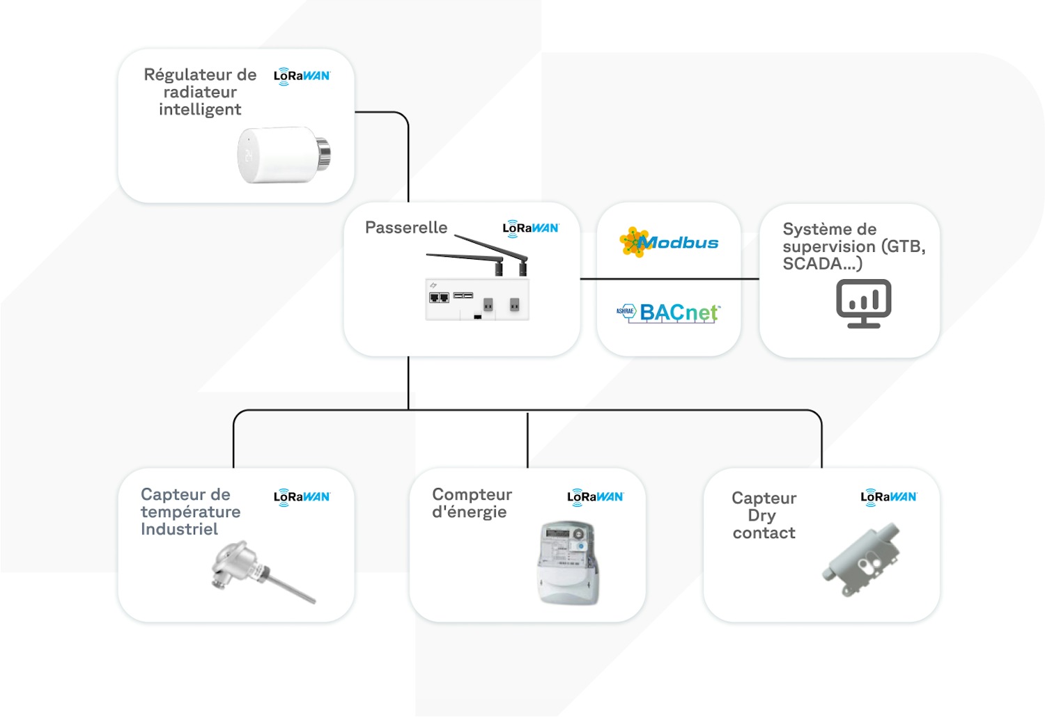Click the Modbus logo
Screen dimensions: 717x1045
[x=669, y=242]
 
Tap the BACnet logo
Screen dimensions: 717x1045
[x=669, y=313]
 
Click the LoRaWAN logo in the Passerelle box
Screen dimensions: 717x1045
[x=530, y=228]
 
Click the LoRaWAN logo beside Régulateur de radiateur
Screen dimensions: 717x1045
[x=302, y=76]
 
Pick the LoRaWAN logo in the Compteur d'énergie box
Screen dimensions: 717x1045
[x=595, y=497]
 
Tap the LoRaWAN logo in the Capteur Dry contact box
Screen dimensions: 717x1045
[x=888, y=497]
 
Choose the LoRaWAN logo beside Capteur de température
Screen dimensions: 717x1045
[x=302, y=497]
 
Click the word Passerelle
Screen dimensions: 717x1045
[x=406, y=228]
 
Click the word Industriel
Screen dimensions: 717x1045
[x=179, y=529]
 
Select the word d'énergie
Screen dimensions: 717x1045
[x=469, y=512]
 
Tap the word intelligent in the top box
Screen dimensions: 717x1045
[x=200, y=109]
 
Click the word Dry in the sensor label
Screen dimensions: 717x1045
[x=761, y=516]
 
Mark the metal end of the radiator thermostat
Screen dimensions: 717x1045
[x=323, y=153]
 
